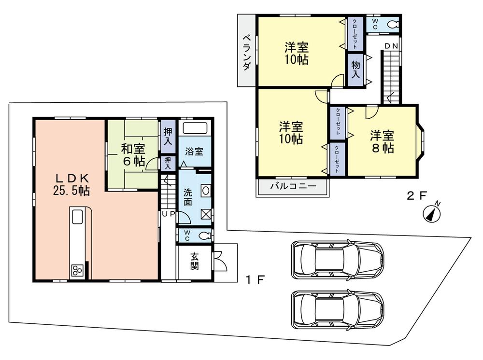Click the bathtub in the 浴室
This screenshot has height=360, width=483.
(x=195, y=129)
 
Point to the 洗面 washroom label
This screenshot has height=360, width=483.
(x=188, y=196)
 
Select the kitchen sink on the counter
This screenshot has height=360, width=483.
(x=77, y=218)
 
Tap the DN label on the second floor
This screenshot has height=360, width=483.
(x=391, y=46)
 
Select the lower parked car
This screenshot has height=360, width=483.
(x=337, y=309)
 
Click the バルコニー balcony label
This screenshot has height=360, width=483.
(x=293, y=186)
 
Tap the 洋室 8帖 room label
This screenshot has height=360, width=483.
(x=382, y=141)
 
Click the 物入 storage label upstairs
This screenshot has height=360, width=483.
(x=355, y=69)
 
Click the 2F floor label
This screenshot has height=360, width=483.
(x=417, y=195)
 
